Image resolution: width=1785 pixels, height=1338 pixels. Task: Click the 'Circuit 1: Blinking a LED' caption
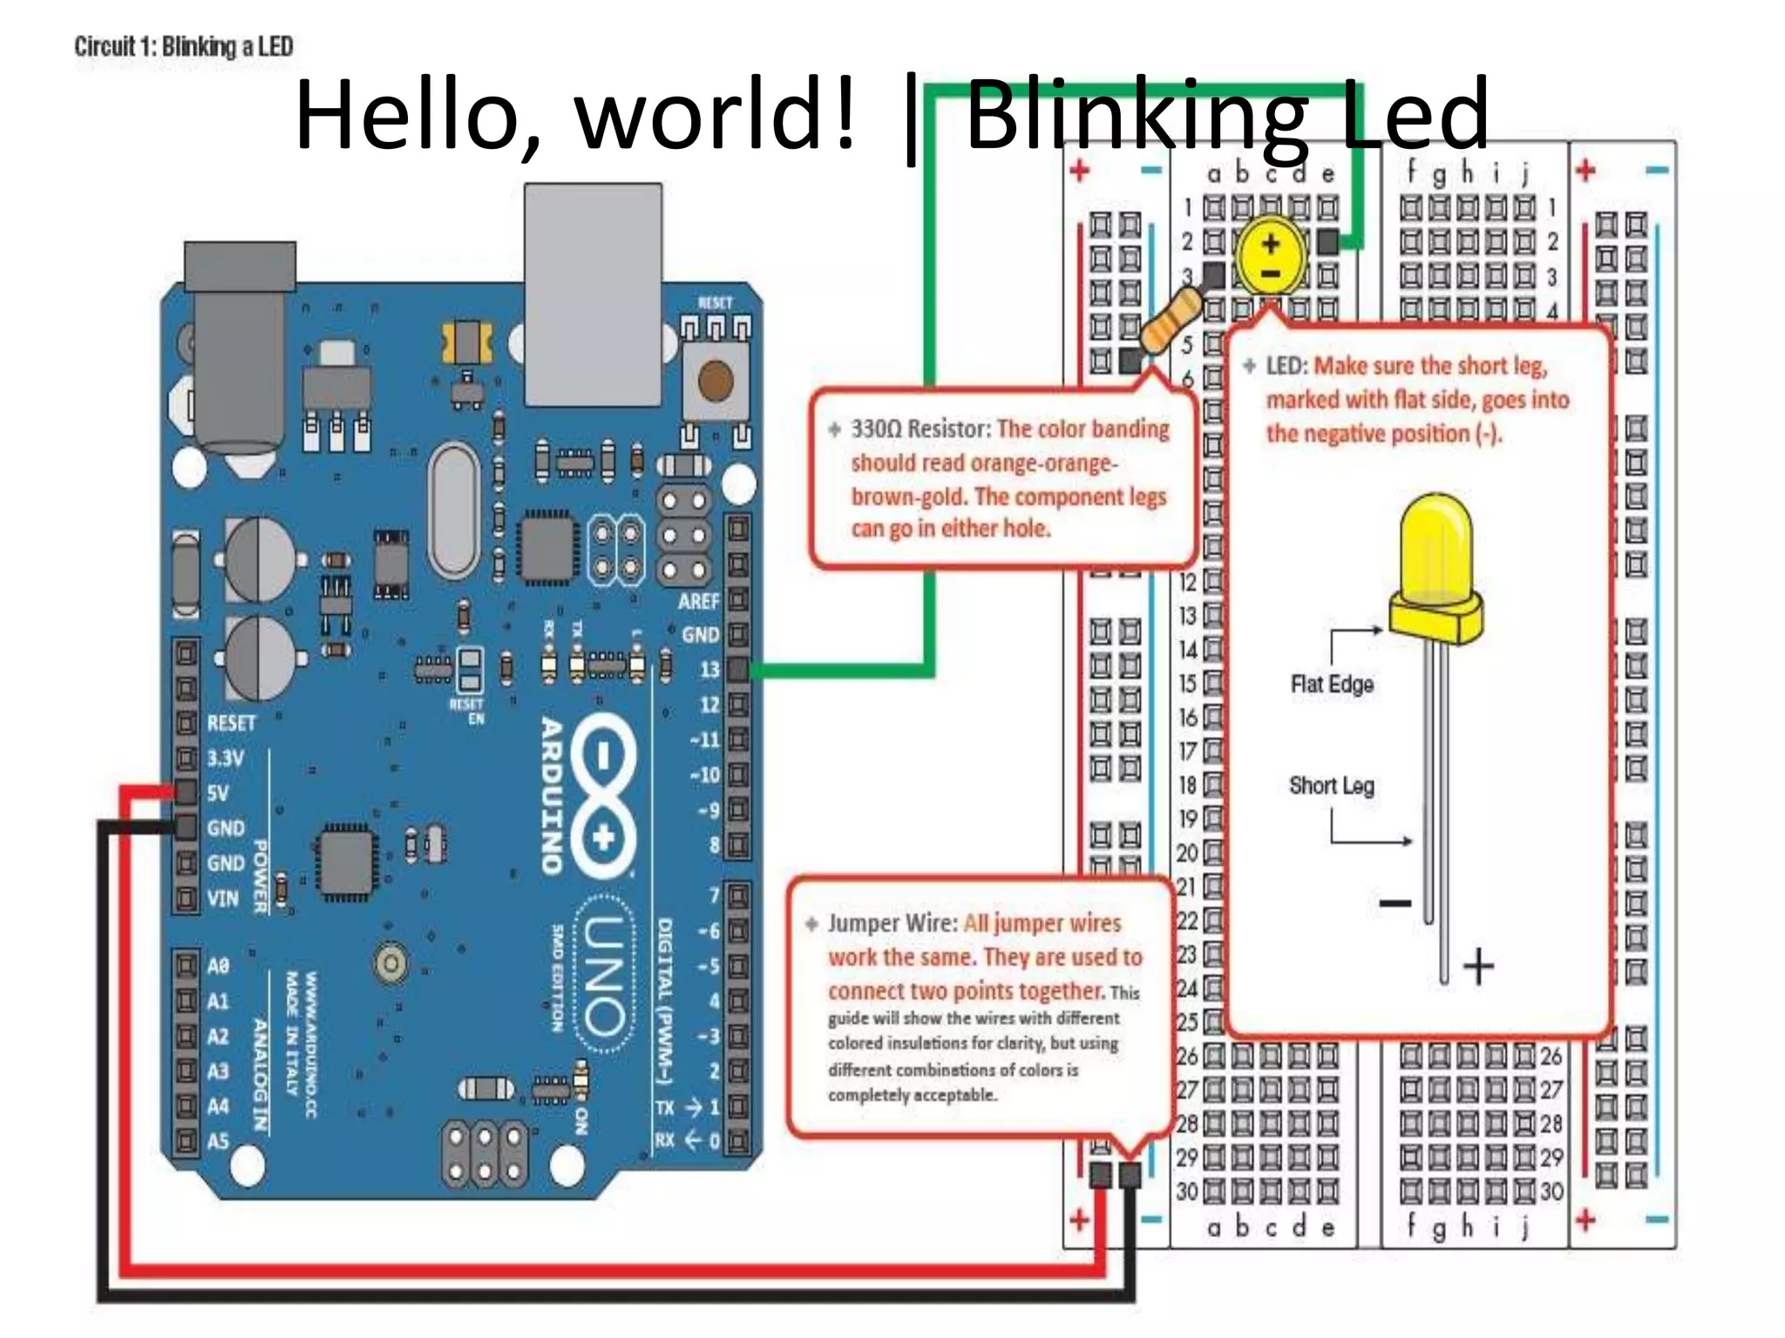click(x=183, y=46)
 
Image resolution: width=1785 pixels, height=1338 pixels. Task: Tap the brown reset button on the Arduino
click(x=716, y=381)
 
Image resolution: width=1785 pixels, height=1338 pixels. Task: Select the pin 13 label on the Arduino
click(x=709, y=669)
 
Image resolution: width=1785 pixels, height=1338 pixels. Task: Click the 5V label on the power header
click(x=218, y=793)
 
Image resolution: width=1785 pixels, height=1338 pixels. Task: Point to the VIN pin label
click(x=222, y=897)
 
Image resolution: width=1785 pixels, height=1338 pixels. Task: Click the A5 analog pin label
click(x=218, y=1140)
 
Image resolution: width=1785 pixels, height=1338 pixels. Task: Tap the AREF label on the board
click(x=698, y=601)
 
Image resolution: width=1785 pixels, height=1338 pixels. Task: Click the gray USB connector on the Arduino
click(x=593, y=294)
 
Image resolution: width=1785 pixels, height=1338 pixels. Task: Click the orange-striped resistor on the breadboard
click(x=1171, y=321)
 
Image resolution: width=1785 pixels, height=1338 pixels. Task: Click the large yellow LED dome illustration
click(x=1435, y=557)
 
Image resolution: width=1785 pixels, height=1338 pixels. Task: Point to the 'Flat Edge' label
click(x=1332, y=684)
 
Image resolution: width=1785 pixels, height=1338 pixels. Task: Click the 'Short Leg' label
click(x=1331, y=786)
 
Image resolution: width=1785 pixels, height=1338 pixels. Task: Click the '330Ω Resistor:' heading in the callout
click(x=920, y=429)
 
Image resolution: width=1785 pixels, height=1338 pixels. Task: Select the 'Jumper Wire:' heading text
click(x=892, y=923)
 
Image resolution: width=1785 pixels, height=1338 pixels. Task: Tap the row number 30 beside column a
click(x=1186, y=1191)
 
